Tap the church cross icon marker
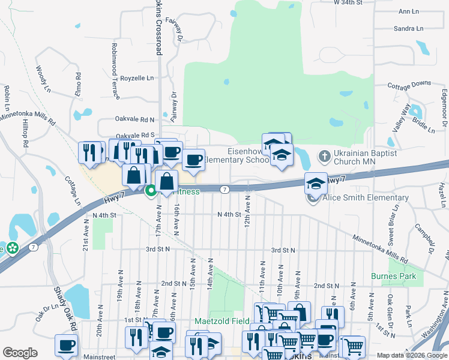[x=324, y=157]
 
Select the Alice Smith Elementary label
[x=366, y=198]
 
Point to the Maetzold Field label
[x=221, y=321]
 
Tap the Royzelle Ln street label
[x=137, y=78]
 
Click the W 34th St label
[x=348, y=3]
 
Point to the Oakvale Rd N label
[x=135, y=120]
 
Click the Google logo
[x=20, y=353]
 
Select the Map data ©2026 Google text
[x=411, y=355]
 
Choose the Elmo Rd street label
[x=78, y=83]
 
